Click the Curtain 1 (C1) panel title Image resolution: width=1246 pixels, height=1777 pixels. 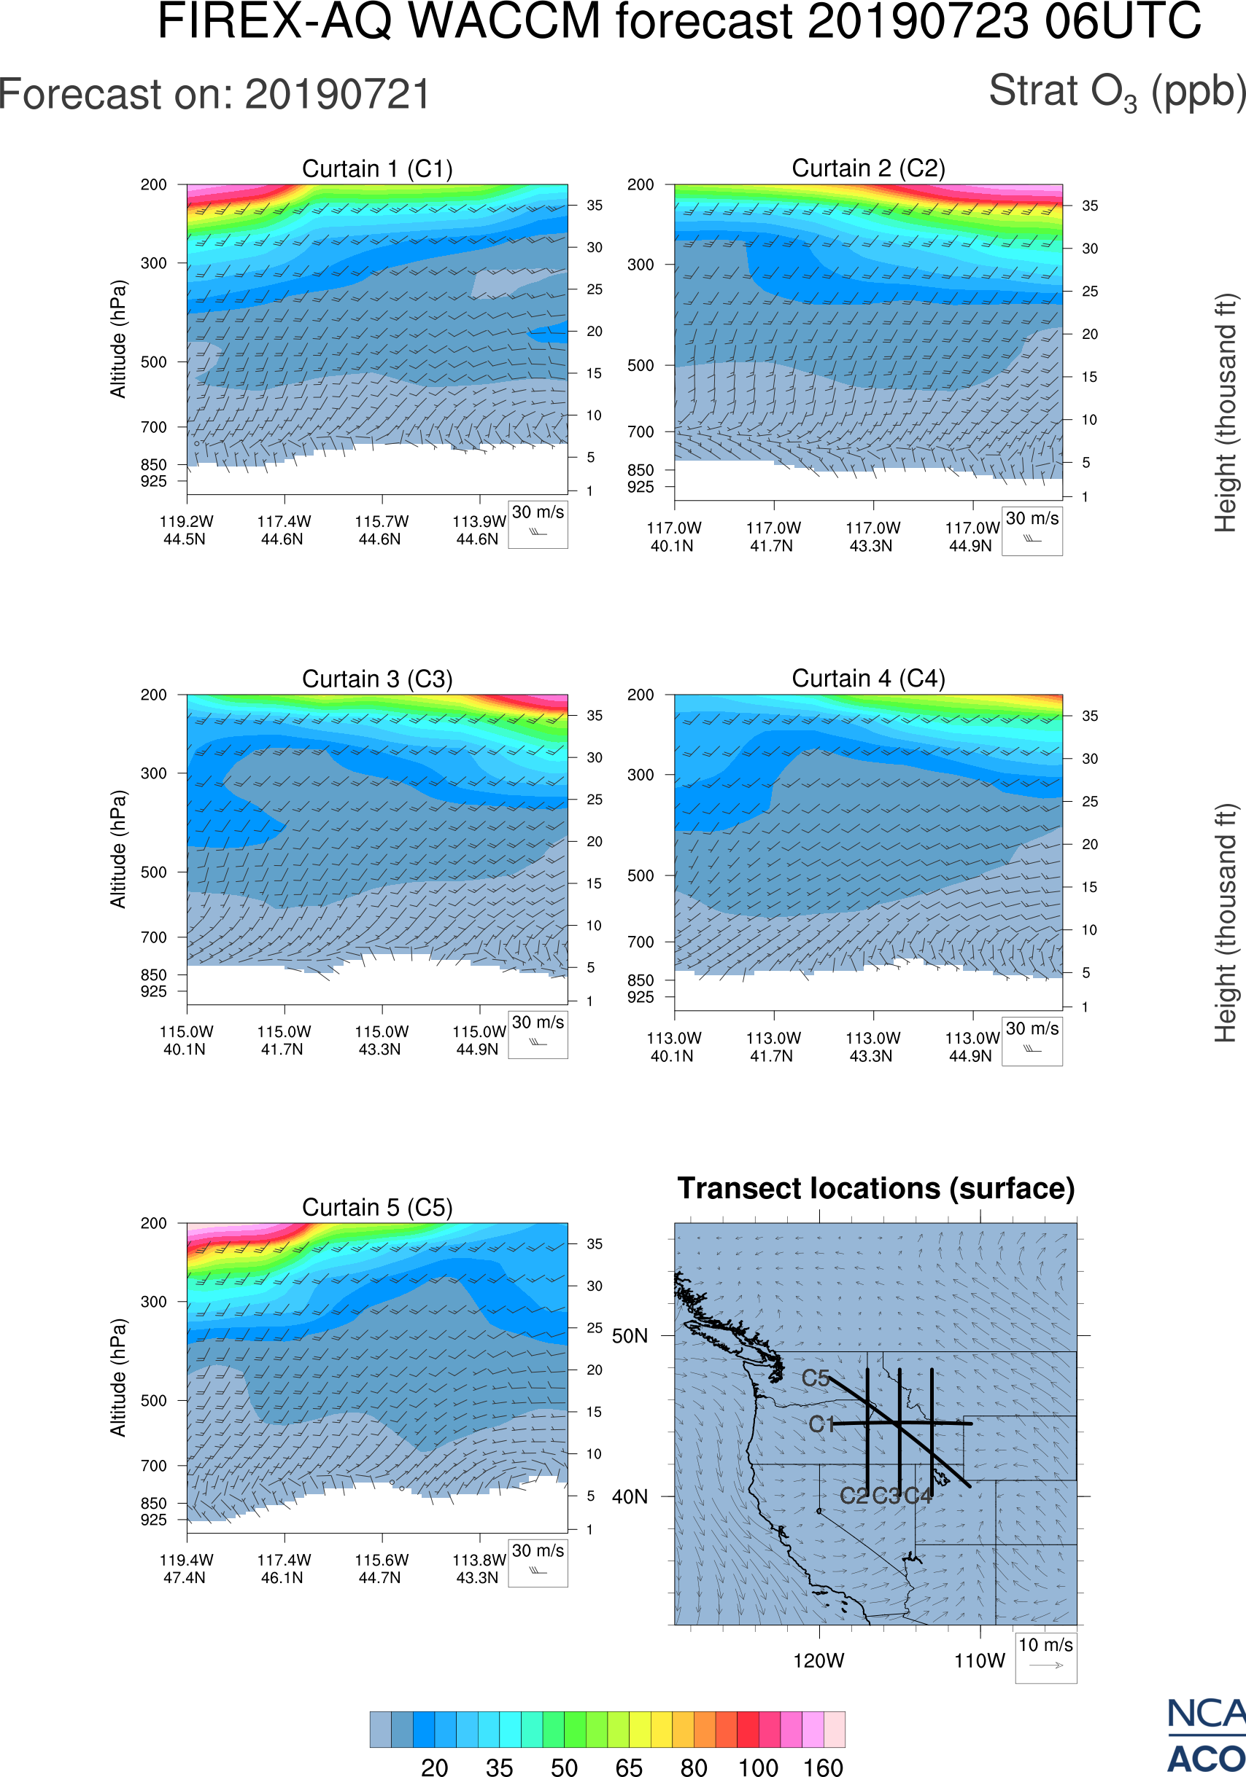(x=377, y=168)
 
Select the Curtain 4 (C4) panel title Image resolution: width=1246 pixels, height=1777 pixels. (x=868, y=679)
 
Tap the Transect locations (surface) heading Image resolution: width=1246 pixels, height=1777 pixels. (x=876, y=1188)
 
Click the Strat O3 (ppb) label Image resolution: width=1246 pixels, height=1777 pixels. (x=1117, y=92)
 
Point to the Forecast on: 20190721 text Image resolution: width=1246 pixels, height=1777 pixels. (x=214, y=95)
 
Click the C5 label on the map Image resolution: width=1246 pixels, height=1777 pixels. (x=816, y=1378)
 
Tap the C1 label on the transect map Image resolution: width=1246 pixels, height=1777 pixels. (x=821, y=1424)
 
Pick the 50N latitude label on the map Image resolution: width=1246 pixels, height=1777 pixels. (x=630, y=1336)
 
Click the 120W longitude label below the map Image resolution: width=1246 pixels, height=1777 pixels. (x=819, y=1660)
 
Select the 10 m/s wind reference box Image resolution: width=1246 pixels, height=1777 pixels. (x=1045, y=1657)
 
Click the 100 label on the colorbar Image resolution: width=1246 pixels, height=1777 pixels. (x=757, y=1767)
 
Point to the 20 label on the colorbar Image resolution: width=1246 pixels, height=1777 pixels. (x=435, y=1767)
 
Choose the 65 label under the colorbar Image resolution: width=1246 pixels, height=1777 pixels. (x=629, y=1767)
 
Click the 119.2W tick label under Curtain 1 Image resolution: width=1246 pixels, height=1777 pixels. (x=186, y=522)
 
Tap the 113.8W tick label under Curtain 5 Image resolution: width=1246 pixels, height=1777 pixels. (x=479, y=1560)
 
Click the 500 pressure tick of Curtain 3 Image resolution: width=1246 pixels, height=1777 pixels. (x=153, y=872)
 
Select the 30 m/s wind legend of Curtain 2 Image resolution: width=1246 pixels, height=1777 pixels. (x=1032, y=531)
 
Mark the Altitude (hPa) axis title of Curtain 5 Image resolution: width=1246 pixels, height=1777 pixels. (x=117, y=1378)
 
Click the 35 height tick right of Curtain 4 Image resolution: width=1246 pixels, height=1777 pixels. (x=1090, y=716)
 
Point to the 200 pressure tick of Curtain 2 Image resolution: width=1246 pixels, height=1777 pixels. (x=641, y=185)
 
